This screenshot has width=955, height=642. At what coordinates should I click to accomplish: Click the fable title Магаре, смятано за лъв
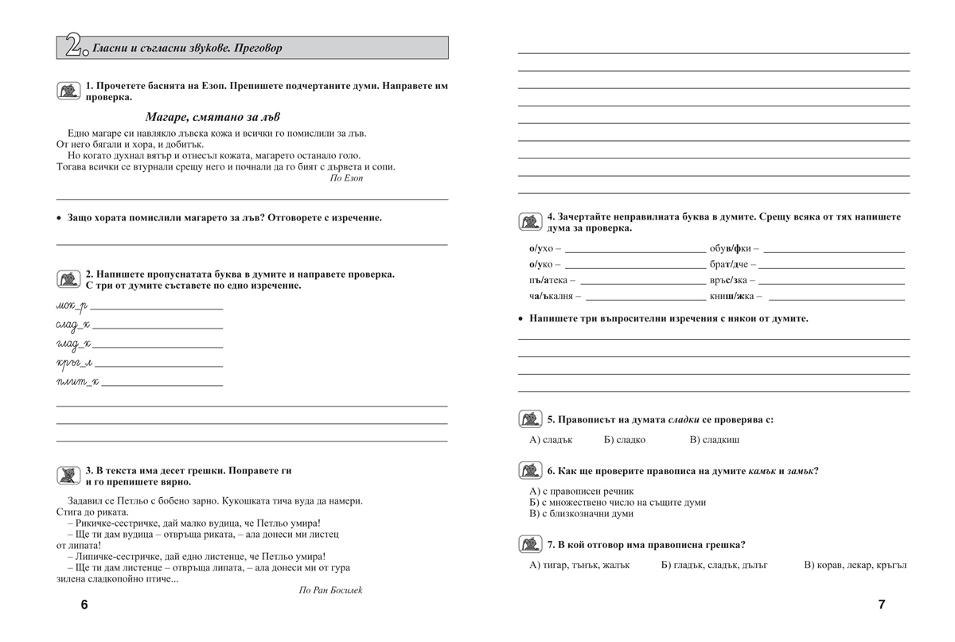212,117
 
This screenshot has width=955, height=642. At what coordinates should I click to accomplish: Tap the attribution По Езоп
345,179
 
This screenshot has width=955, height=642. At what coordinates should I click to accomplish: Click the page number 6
84,605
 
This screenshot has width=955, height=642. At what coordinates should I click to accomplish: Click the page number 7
881,605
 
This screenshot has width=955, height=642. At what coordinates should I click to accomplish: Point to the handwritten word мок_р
71,305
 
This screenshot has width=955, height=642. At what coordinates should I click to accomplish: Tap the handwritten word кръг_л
74,363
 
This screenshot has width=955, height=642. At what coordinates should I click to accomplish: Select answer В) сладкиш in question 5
715,440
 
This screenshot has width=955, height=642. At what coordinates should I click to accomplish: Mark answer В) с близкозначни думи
581,514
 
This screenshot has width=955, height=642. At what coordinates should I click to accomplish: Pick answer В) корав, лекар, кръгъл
855,566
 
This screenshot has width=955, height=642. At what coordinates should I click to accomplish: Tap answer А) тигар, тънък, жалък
579,566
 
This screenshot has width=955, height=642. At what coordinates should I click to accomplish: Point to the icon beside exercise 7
530,545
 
